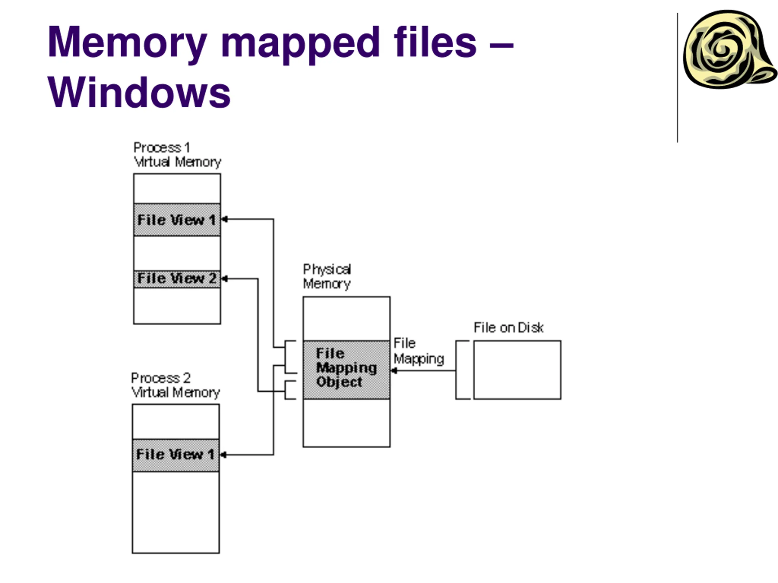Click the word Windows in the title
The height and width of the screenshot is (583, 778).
(x=139, y=92)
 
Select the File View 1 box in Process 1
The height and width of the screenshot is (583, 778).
(x=177, y=220)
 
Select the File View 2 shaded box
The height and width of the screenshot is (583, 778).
(x=177, y=279)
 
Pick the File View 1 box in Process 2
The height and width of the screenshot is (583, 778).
(x=176, y=455)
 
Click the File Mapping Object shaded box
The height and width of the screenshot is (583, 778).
(x=346, y=370)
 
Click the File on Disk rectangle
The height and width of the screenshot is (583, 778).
(x=517, y=370)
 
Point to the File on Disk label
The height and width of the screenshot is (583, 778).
(x=508, y=328)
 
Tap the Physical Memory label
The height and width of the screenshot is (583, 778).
(x=327, y=277)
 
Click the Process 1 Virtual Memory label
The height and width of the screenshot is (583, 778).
(x=177, y=155)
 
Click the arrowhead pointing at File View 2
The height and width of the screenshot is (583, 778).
(x=224, y=279)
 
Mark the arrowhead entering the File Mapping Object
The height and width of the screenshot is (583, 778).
(x=394, y=371)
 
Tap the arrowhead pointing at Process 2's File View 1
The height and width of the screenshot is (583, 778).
(x=223, y=455)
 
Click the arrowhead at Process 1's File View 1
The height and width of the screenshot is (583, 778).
(x=224, y=220)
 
